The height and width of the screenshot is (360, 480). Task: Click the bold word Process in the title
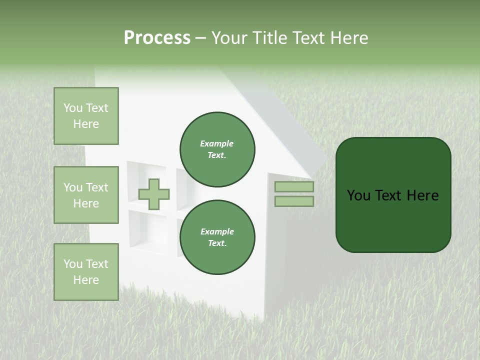(x=157, y=38)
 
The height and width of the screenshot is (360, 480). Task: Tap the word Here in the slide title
(x=348, y=38)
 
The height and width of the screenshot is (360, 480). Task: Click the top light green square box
(x=86, y=116)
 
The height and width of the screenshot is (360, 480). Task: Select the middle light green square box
(x=86, y=195)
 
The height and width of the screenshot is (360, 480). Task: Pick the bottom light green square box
(x=86, y=272)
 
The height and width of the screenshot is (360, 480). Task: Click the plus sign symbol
(x=154, y=194)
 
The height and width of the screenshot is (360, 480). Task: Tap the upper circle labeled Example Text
(x=217, y=149)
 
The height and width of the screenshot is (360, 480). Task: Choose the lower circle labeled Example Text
(x=217, y=237)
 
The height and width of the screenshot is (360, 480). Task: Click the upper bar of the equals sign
(x=294, y=187)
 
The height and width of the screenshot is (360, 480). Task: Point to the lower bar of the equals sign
(x=294, y=201)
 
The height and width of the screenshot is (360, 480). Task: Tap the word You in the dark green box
(x=358, y=195)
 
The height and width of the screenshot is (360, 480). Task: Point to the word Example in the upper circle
(x=217, y=143)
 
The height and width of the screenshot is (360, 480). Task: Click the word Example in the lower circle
(x=217, y=231)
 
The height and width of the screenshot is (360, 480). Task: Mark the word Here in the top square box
(x=86, y=124)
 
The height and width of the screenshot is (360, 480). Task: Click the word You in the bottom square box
(x=73, y=264)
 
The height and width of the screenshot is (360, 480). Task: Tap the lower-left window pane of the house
(x=147, y=230)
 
